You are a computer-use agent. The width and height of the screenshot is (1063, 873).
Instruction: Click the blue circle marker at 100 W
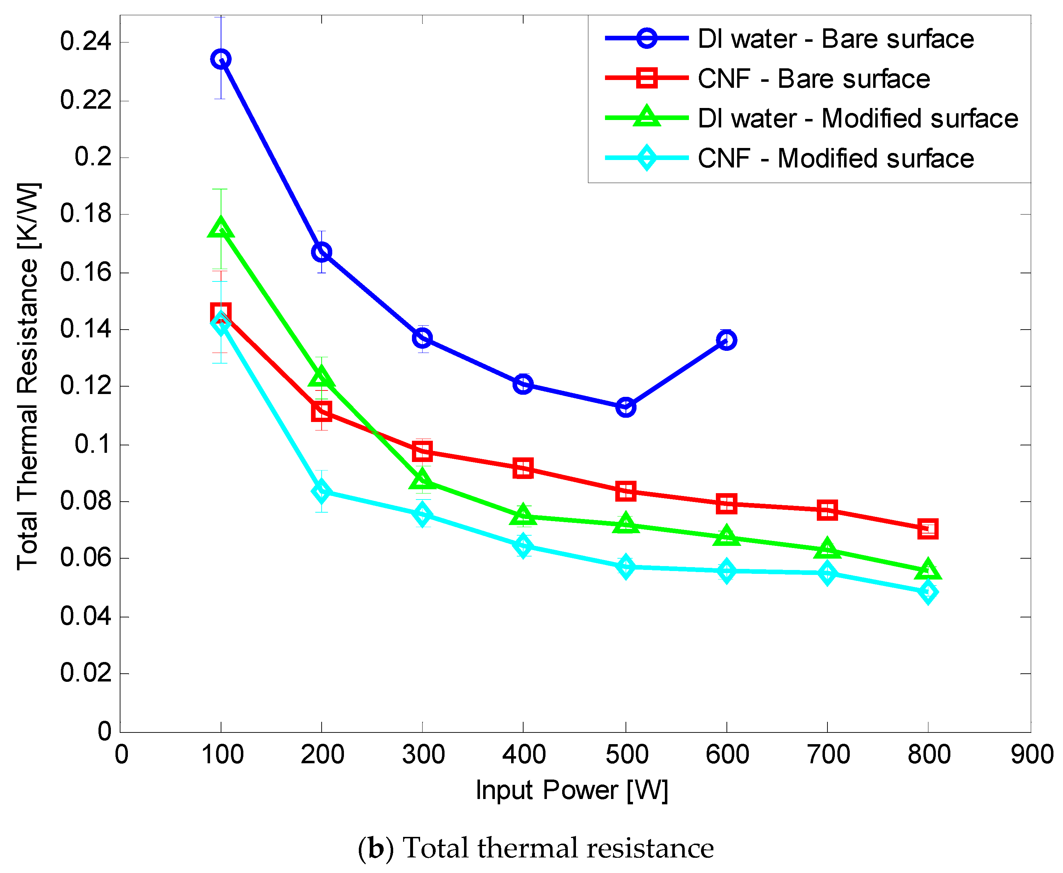[x=221, y=59]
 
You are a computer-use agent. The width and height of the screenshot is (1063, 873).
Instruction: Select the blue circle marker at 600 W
[x=726, y=341]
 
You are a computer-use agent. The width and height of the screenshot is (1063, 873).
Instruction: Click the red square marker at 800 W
[x=927, y=529]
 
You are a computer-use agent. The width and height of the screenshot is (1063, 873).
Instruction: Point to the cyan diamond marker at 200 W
[x=322, y=491]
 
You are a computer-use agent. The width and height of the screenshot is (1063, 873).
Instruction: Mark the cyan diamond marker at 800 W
[x=927, y=592]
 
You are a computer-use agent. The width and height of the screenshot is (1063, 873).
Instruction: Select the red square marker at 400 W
[x=523, y=468]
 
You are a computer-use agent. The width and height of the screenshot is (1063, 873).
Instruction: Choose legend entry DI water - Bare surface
[x=835, y=39]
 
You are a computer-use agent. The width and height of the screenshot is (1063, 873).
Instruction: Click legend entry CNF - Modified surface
[x=835, y=158]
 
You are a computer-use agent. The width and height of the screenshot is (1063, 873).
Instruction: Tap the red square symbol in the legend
[x=646, y=78]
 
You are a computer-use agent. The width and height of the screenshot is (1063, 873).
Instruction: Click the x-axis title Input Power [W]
[x=572, y=791]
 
